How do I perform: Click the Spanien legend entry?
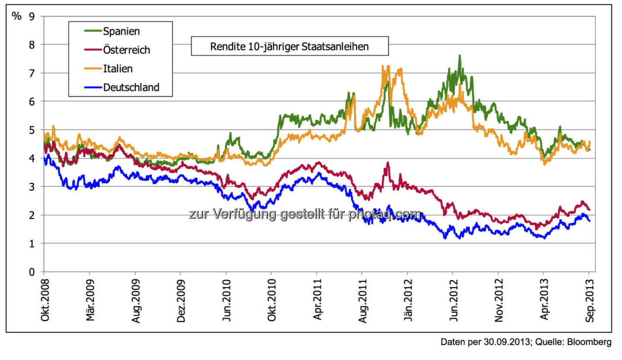(x=121, y=31)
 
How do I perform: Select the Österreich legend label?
(x=126, y=50)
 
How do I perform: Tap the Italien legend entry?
(x=117, y=69)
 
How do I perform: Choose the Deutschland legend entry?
(x=131, y=87)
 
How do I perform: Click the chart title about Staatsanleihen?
(x=289, y=46)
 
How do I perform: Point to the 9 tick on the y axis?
(x=31, y=16)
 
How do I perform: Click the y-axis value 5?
(x=31, y=130)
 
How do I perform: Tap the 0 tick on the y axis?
(x=31, y=272)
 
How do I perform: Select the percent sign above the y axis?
(x=16, y=16)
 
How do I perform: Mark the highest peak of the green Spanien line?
(x=459, y=55)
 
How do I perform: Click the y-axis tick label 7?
(x=31, y=73)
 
